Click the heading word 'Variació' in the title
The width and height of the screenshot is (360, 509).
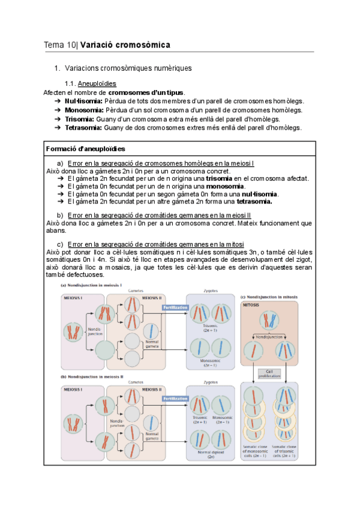98,45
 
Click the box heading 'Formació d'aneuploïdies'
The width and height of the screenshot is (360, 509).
85,148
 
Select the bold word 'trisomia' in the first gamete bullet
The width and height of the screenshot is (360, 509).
218,178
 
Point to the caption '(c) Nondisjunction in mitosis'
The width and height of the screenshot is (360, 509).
269,297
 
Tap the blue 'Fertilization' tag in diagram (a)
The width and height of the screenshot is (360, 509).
176,307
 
